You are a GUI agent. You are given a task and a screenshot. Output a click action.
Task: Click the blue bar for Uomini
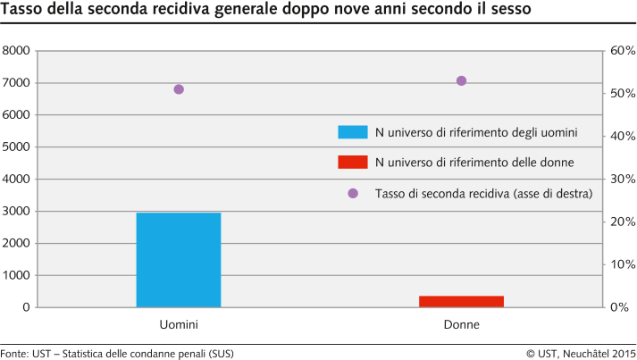click(178, 260)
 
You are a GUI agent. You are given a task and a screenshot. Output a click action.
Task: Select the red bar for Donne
click(461, 301)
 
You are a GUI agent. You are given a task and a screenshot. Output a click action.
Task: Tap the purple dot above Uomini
click(179, 89)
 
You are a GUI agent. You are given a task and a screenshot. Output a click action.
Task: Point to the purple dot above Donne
click(462, 80)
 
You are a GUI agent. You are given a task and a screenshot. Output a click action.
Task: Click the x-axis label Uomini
click(178, 324)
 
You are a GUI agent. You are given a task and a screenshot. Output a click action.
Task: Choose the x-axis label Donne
click(461, 324)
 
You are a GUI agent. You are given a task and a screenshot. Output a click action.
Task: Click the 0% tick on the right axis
click(620, 307)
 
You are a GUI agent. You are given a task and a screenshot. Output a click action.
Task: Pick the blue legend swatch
click(352, 132)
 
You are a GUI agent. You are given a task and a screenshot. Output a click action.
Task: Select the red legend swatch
click(352, 162)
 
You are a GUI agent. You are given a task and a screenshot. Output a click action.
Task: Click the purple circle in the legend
click(352, 193)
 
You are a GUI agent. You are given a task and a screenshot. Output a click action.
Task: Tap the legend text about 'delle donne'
click(474, 162)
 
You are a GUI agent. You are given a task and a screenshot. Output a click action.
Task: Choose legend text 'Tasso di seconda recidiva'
click(483, 193)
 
